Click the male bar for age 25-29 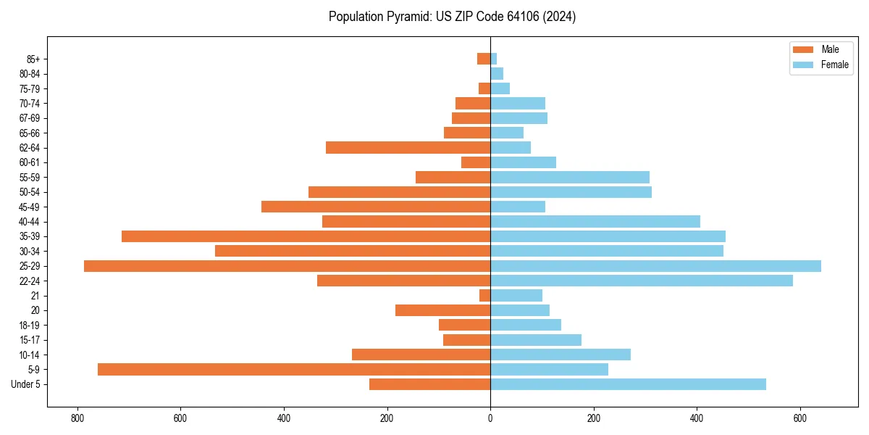(287, 266)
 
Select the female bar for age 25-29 (655, 266)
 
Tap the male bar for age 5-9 (294, 369)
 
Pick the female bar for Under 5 (628, 384)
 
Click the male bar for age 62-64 (408, 148)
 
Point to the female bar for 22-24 (642, 281)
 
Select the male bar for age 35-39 (306, 236)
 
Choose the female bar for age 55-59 (570, 178)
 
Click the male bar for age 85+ (484, 59)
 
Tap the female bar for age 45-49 (518, 207)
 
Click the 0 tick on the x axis (490, 418)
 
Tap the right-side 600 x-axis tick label (800, 418)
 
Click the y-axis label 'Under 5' (25, 384)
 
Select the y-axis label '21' (35, 296)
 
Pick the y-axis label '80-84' (30, 74)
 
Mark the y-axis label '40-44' (30, 222)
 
